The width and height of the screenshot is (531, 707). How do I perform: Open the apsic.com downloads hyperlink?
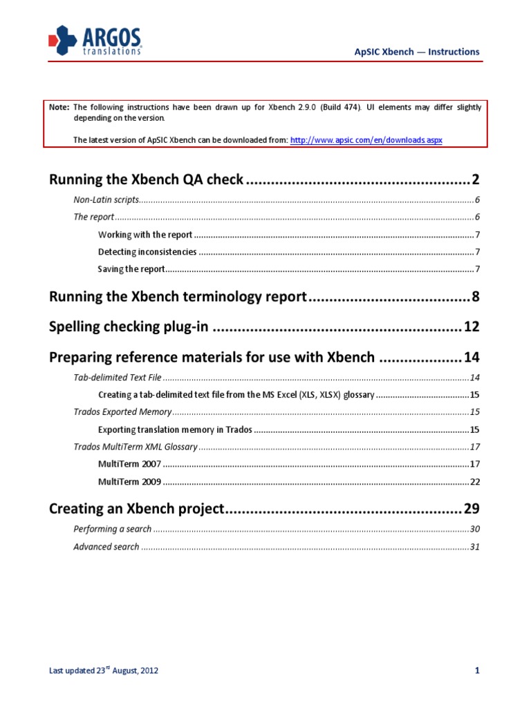pyautogui.click(x=366, y=139)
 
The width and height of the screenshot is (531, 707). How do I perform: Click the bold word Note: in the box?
pyautogui.click(x=59, y=108)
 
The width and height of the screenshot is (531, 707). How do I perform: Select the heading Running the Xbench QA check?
pyautogui.click(x=146, y=180)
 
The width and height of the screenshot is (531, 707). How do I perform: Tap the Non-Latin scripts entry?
pyautogui.click(x=106, y=200)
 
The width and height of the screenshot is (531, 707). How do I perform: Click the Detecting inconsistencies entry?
pyautogui.click(x=147, y=251)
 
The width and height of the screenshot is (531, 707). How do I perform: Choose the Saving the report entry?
pyautogui.click(x=131, y=269)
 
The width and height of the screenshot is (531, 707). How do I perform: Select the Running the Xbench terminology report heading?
pyautogui.click(x=178, y=298)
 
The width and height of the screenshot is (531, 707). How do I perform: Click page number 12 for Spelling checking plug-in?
pyautogui.click(x=471, y=327)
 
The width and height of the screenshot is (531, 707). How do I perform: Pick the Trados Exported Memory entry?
pyautogui.click(x=122, y=411)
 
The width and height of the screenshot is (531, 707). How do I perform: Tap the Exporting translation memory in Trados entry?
pyautogui.click(x=175, y=429)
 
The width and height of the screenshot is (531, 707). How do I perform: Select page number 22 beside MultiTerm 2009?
pyautogui.click(x=474, y=481)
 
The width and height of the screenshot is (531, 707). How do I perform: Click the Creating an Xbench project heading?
pyautogui.click(x=137, y=510)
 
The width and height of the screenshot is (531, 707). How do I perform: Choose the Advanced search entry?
pyautogui.click(x=106, y=547)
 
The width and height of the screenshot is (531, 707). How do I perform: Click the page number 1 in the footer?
pyautogui.click(x=477, y=670)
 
